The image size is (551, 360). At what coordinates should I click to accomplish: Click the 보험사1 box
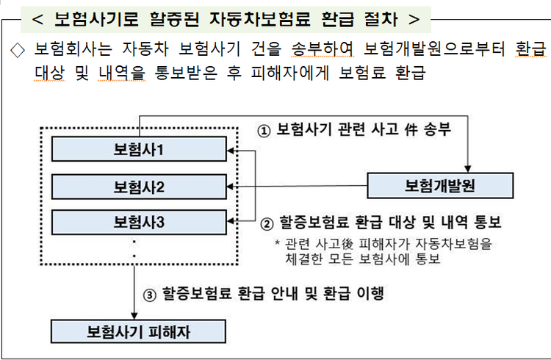pyautogui.click(x=139, y=149)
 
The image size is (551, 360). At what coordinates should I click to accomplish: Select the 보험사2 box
pyautogui.click(x=139, y=187)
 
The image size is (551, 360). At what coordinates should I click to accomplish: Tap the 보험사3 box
pyautogui.click(x=139, y=222)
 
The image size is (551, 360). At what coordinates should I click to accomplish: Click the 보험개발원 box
pyautogui.click(x=440, y=186)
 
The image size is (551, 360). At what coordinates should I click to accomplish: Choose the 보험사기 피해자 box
pyautogui.click(x=138, y=331)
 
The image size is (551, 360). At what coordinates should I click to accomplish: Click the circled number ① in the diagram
pyautogui.click(x=264, y=131)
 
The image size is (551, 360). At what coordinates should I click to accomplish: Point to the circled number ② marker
pyautogui.click(x=267, y=223)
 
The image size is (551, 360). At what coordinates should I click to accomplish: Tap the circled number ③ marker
pyautogui.click(x=149, y=295)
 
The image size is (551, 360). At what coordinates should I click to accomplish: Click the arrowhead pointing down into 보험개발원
pyautogui.click(x=468, y=169)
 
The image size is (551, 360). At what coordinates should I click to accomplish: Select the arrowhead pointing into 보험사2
pyautogui.click(x=231, y=187)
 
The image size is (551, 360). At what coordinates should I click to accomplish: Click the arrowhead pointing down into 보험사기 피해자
pyautogui.click(x=134, y=316)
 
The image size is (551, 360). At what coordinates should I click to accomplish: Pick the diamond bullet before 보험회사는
pyautogui.click(x=18, y=50)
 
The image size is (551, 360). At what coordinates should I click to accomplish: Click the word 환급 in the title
pyautogui.click(x=338, y=19)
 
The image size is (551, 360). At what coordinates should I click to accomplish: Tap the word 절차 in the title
pyautogui.click(x=381, y=19)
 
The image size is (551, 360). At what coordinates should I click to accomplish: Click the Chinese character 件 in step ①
pyautogui.click(x=411, y=130)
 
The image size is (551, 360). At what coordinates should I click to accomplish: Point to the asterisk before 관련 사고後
pyautogui.click(x=277, y=242)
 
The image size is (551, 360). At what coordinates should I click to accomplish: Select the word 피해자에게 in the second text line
pyautogui.click(x=290, y=73)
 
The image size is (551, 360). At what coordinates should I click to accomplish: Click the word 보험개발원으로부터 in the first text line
pyautogui.click(x=434, y=49)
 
